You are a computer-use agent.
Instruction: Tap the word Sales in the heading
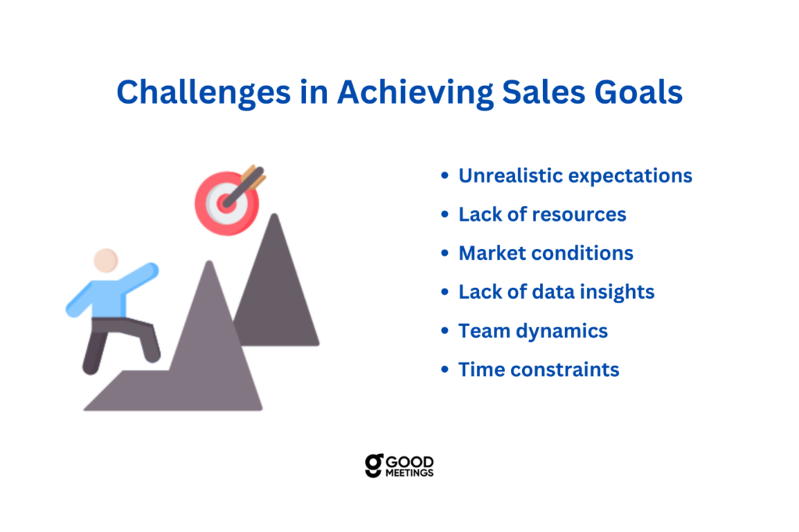coord(544,92)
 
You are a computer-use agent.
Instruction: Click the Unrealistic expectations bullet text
coord(575,176)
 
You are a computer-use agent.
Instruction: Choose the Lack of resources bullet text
coord(542,214)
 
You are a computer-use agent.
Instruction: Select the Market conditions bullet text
coord(545,253)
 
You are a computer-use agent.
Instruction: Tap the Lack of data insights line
coord(556,292)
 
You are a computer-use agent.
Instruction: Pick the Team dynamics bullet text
coord(533,331)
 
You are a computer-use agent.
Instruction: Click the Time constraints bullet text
coord(538,370)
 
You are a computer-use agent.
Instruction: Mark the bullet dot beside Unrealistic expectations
coord(445,176)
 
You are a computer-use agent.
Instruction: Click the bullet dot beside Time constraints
coord(445,369)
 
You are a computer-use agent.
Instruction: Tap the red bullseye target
coord(226,204)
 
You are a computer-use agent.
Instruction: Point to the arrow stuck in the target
coord(244,186)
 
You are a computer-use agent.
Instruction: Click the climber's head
coord(106,261)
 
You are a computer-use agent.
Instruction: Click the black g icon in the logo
coord(374,466)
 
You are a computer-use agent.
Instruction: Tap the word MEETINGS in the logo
coord(409,473)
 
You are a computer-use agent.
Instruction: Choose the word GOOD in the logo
coord(410,463)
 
